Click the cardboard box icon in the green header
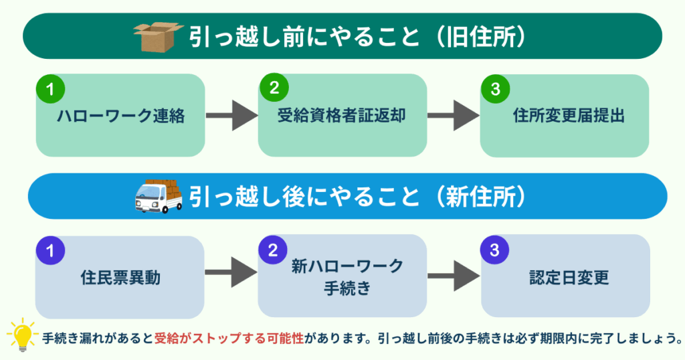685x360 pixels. tap(158, 37)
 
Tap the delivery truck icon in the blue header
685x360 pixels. tap(159, 195)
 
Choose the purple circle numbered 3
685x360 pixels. tap(495, 250)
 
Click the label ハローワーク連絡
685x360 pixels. tap(120, 116)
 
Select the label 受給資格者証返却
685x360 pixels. tap(342, 116)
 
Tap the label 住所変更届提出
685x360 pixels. tap(569, 116)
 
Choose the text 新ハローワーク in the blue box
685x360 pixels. tap(347, 266)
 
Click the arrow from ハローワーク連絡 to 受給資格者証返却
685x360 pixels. tap(231, 116)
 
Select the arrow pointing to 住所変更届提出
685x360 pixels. tap(453, 116)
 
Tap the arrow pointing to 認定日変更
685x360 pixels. tap(453, 276)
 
